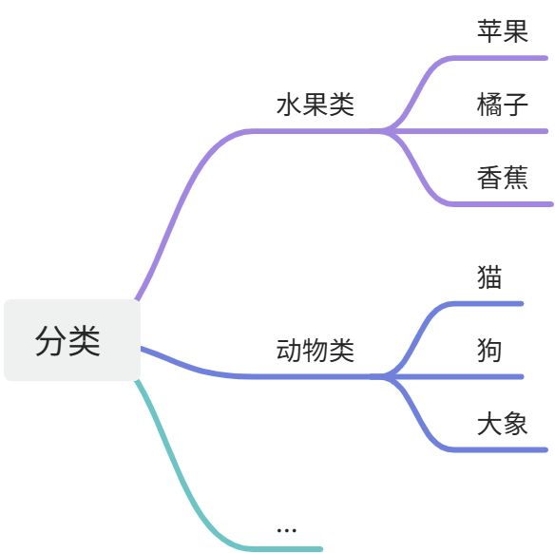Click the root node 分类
[x=71, y=340]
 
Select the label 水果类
[x=315, y=105]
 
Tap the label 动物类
[x=315, y=351]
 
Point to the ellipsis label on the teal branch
[x=286, y=528]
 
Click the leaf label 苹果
[x=502, y=31]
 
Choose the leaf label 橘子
[x=502, y=104]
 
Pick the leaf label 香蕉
[x=502, y=177]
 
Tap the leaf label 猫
[x=489, y=277]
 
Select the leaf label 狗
[x=489, y=351]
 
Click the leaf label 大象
[x=502, y=424]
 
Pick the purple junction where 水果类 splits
[x=385, y=130]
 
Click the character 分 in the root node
[x=52, y=340]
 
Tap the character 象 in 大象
[x=515, y=424]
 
